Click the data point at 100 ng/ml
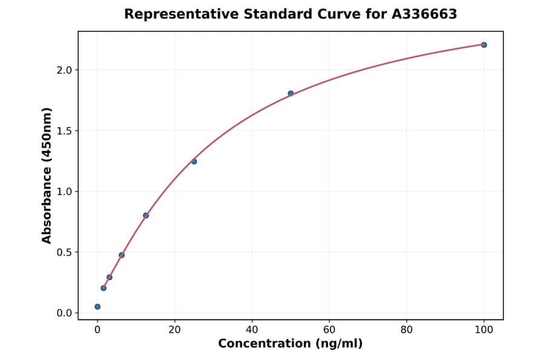click(484, 45)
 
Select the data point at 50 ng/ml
click(291, 93)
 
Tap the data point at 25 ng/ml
click(194, 161)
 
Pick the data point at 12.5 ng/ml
click(146, 215)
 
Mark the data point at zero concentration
click(97, 307)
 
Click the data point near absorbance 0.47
click(122, 255)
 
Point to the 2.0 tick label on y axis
click(64, 70)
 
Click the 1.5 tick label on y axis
click(64, 131)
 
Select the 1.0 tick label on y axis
click(64, 192)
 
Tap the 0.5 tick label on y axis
click(64, 252)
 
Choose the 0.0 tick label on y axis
click(64, 313)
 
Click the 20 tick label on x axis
click(174, 330)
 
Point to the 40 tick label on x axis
click(252, 330)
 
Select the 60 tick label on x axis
click(329, 330)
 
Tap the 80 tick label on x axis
click(406, 330)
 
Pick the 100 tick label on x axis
click(484, 330)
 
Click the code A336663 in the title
click(424, 14)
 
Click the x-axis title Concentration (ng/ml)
click(290, 344)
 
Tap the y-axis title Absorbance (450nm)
click(47, 175)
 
